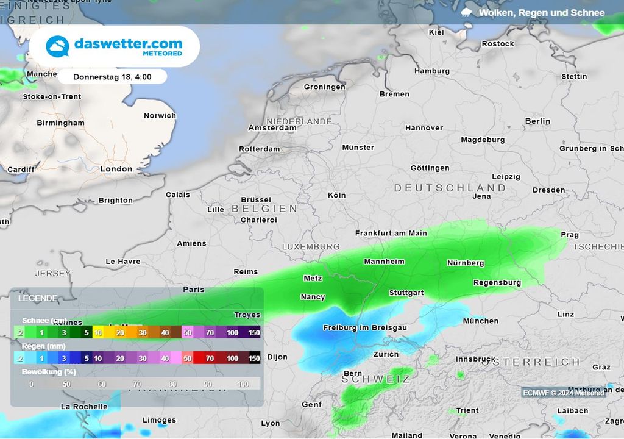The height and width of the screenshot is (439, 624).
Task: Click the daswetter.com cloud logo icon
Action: [58, 47]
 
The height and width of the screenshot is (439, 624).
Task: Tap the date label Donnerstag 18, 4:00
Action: [112, 77]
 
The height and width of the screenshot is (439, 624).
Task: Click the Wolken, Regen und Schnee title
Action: [541, 12]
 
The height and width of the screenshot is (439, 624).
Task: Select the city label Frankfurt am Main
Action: [391, 233]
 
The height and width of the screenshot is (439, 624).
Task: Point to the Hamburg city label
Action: [431, 71]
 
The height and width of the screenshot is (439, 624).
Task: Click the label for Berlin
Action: [537, 121]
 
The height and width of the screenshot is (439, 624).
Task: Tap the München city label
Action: [480, 321]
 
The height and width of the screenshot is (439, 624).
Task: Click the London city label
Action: [116, 169]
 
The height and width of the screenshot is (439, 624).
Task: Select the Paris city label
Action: [194, 289]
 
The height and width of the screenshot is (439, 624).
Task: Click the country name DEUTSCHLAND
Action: [450, 188]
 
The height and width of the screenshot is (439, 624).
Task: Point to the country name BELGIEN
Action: [264, 209]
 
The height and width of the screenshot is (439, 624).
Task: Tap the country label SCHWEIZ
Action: [376, 379]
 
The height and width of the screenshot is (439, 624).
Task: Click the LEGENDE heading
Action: [38, 298]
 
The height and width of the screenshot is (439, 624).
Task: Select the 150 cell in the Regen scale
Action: [254, 359]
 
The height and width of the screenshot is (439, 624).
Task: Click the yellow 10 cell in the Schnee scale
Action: [97, 332]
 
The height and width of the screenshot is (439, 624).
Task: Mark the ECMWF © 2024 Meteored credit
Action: [563, 393]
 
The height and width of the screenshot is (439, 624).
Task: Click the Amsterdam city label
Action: [272, 128]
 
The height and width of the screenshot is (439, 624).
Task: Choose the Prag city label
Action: [569, 235]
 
